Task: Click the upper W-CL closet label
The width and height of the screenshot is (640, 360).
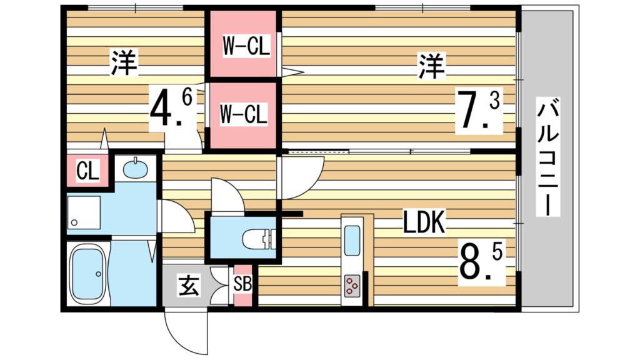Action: pyautogui.click(x=247, y=48)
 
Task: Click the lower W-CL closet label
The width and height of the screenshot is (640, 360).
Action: pyautogui.click(x=244, y=114)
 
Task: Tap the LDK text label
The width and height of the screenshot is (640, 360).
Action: pyautogui.click(x=423, y=223)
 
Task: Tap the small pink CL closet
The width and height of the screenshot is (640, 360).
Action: pyautogui.click(x=88, y=171)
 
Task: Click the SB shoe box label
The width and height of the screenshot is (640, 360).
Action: pyautogui.click(x=242, y=284)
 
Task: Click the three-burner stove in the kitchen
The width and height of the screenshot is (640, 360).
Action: pyautogui.click(x=351, y=286)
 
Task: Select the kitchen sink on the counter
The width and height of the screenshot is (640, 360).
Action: pyautogui.click(x=352, y=240)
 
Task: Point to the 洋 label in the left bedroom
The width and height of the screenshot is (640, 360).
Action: pyautogui.click(x=124, y=62)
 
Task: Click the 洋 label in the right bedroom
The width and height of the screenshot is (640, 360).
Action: pyautogui.click(x=431, y=66)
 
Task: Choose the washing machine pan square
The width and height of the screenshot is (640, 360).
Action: pyautogui.click(x=84, y=212)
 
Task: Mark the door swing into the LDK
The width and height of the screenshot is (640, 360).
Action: pyautogui.click(x=300, y=178)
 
